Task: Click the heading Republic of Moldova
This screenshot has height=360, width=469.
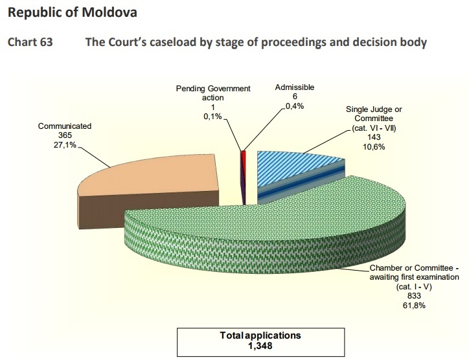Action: (73, 13)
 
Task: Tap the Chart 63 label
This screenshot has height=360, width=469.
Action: (30, 42)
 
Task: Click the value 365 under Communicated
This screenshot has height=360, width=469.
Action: (65, 135)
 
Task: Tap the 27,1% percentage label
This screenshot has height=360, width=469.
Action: (65, 145)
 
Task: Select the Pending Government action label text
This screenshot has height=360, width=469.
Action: (213, 93)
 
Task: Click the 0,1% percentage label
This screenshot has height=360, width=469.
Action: (213, 117)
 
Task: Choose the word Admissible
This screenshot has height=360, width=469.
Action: (295, 87)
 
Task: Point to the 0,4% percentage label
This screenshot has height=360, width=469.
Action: (295, 106)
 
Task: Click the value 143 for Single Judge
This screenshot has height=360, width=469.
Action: (374, 137)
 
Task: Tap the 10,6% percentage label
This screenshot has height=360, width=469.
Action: (374, 147)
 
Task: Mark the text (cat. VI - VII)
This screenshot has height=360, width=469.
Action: (374, 128)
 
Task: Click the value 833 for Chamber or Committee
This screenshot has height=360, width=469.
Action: (415, 296)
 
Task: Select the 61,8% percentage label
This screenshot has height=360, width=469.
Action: (415, 305)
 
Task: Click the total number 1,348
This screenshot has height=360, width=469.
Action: (260, 346)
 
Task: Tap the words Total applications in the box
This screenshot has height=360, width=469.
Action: (260, 335)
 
